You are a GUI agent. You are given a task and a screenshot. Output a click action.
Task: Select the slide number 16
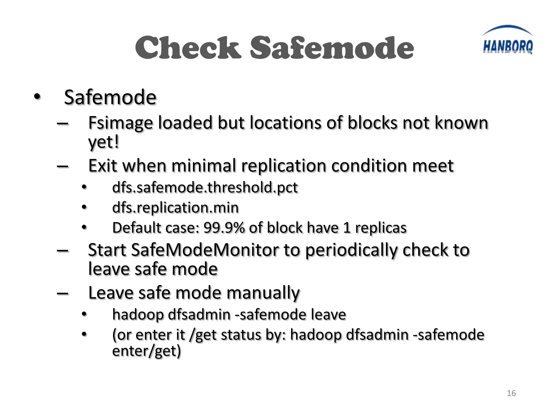[511, 393]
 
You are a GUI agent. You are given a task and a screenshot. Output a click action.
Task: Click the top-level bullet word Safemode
[110, 97]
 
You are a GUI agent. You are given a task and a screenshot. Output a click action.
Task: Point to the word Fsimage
[120, 123]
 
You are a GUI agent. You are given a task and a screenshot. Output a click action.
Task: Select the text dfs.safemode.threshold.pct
[205, 187]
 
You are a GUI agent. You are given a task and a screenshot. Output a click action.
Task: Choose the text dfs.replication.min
[175, 208]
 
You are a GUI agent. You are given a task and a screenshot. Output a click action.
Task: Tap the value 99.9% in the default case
[224, 228]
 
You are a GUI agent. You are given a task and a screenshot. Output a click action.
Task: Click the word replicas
[381, 228]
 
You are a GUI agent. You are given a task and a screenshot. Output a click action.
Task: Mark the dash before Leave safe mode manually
[62, 293]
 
